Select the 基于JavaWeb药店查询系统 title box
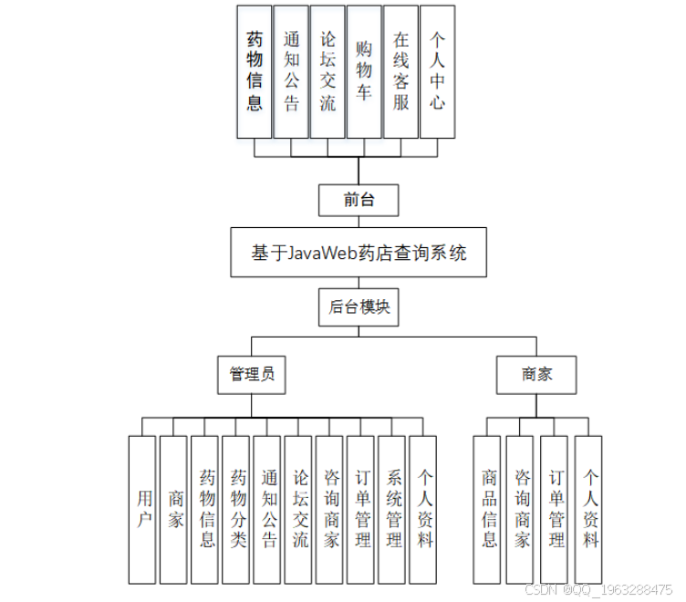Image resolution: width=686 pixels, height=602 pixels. point(359,253)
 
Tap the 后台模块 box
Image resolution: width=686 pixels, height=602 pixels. point(359,307)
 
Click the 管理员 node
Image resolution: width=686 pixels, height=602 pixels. point(252,374)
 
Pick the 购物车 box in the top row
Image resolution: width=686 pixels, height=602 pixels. point(364,71)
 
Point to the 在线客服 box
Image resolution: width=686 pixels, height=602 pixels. point(400,71)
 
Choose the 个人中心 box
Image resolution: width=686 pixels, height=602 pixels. point(437,71)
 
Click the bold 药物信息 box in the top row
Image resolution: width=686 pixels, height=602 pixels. point(255,71)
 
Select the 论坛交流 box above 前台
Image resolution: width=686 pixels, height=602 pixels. point(327,71)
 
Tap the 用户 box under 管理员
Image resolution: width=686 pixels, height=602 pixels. point(142,509)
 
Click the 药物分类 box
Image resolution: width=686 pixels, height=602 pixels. point(237,509)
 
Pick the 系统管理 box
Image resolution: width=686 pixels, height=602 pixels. point(392,509)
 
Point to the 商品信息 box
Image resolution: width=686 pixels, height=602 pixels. point(488,509)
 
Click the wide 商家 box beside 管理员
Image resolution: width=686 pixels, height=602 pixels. point(536,374)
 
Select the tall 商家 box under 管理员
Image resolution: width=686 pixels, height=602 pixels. point(174,509)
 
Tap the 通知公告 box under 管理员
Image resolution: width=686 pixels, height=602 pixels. point(267,509)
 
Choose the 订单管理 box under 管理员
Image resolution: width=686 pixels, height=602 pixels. point(361,509)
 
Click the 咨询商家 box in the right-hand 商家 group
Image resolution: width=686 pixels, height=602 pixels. point(521,509)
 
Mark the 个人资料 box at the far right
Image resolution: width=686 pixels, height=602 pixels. point(589,509)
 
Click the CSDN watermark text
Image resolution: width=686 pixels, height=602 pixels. point(598,590)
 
